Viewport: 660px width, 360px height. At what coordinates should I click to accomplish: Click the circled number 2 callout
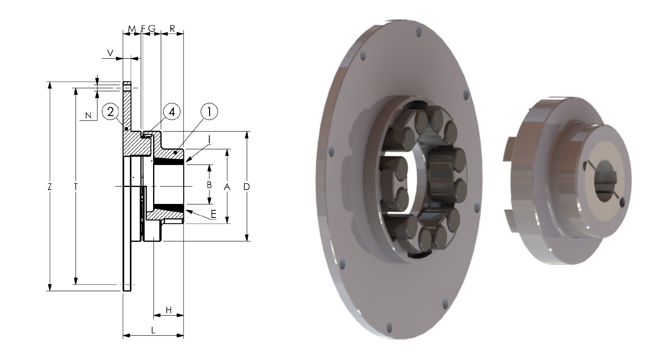pos(111,112)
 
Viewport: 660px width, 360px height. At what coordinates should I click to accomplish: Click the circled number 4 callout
pos(172,112)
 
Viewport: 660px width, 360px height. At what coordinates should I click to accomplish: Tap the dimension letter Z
pos(50,187)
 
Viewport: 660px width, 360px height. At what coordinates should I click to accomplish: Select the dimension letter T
pos(76,187)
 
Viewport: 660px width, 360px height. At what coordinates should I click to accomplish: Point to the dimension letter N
pos(88,115)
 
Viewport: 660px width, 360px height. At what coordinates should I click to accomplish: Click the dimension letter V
pos(111,53)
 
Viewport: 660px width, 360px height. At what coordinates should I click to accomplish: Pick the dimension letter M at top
pos(132,28)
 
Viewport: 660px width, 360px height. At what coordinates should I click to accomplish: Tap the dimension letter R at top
pos(172,28)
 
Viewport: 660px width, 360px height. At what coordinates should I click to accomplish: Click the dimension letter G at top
pos(152,28)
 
